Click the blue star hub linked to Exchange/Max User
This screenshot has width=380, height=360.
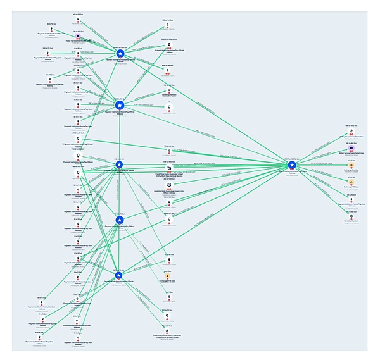click(292, 165)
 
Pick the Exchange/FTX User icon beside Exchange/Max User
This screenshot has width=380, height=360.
click(351, 181)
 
